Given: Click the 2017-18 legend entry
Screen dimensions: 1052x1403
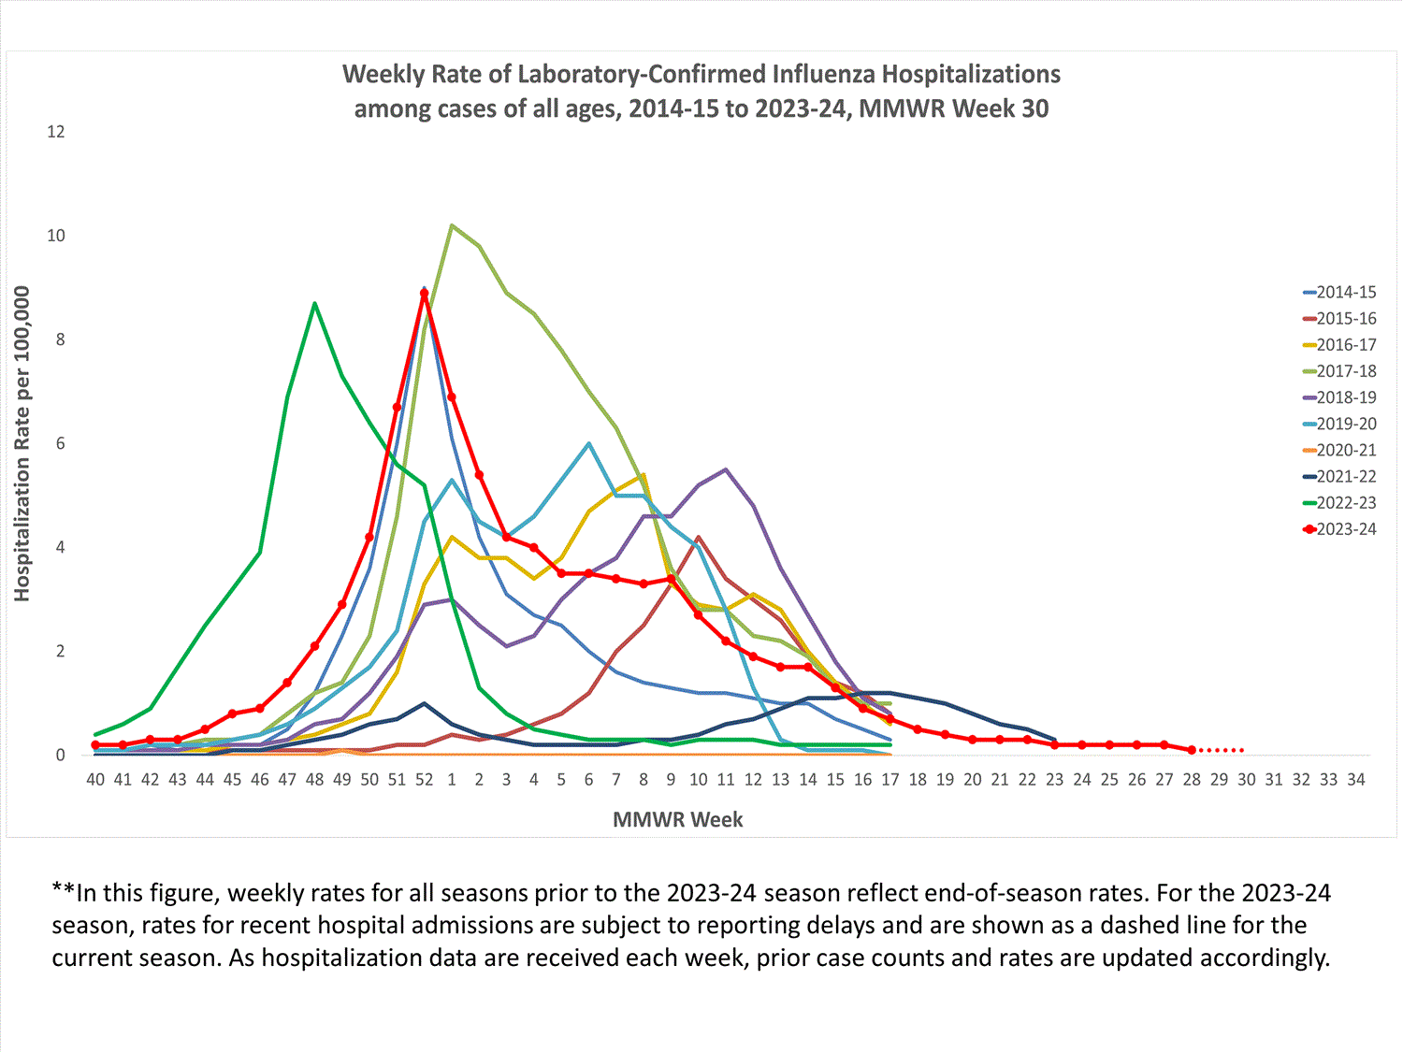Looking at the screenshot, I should [x=1345, y=371].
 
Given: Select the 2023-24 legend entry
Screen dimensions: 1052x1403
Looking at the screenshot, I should [x=1345, y=529].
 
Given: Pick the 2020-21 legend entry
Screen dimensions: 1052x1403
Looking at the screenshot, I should [x=1345, y=450].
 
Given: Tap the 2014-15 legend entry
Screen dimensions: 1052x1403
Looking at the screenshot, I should [x=1345, y=293].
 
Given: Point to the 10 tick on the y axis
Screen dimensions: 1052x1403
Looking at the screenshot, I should [x=56, y=236].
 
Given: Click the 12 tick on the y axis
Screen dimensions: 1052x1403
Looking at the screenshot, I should [x=56, y=132].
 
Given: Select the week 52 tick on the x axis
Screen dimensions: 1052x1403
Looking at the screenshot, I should [x=425, y=780].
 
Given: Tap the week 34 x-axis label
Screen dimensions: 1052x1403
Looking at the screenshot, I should [x=1356, y=780].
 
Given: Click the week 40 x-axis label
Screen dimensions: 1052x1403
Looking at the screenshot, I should [x=95, y=780].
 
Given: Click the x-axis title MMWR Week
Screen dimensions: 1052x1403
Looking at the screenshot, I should [x=677, y=820].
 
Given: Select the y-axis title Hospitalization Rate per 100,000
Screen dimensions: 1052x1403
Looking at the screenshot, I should [x=22, y=443].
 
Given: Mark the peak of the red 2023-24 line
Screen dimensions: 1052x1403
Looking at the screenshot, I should [x=425, y=293].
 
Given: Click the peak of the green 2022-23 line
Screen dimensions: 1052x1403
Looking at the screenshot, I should [x=314, y=303].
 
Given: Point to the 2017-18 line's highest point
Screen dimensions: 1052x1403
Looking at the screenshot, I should [x=452, y=225].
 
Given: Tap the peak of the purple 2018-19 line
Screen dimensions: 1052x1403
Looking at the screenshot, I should [x=726, y=469].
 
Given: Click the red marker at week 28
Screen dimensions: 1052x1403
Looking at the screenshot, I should [x=1192, y=750].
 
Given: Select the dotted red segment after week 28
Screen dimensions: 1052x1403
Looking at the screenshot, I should [x=1222, y=750].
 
